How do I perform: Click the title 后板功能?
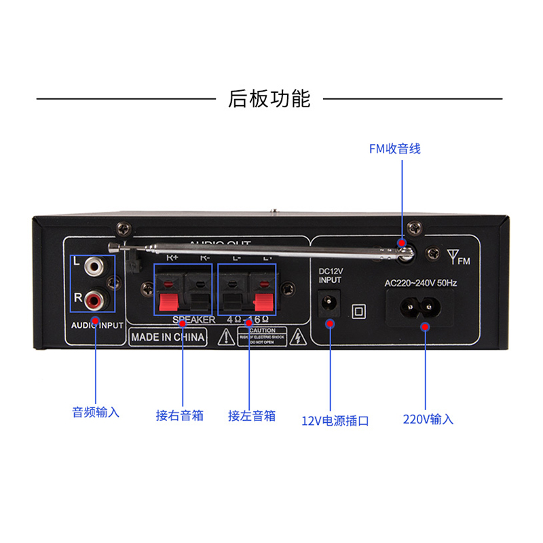269,99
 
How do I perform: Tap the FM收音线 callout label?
394,149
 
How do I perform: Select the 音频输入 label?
96,412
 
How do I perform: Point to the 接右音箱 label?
180,415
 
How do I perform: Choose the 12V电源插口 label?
335,421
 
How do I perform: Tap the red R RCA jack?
95,297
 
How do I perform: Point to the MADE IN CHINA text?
168,337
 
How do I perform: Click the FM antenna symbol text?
458,258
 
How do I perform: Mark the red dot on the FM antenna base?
402,242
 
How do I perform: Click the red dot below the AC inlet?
426,327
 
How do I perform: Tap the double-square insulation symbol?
358,311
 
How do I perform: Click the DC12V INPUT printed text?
331,276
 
